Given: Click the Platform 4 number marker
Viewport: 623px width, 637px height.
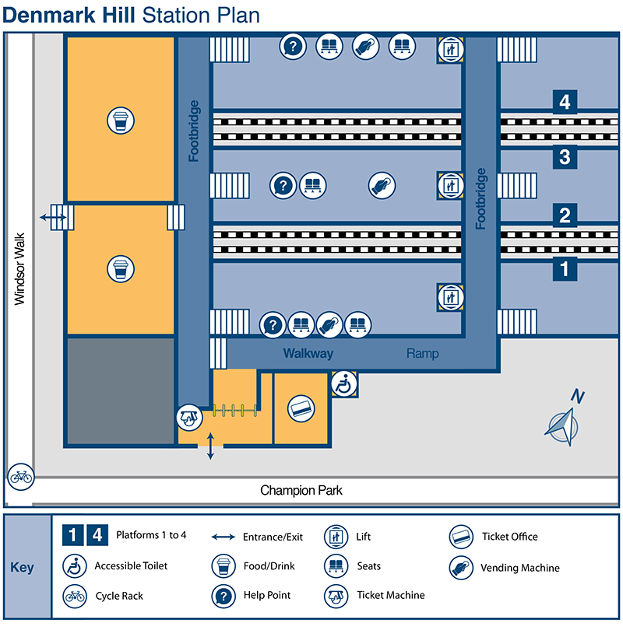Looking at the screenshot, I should coord(565,101).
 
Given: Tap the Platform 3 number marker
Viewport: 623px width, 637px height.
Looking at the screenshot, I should coord(565,158).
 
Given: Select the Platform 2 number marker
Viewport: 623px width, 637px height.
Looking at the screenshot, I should coord(565,215).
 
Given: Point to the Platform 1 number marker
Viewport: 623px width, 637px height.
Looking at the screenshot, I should coord(565,270).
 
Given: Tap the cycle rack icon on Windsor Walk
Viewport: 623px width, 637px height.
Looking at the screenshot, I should coord(20,476).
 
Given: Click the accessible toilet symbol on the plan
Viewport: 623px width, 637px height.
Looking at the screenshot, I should coord(343,383).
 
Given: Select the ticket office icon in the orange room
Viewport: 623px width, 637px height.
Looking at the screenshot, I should coord(301,408).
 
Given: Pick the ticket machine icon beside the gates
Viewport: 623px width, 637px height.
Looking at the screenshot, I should coord(189,417).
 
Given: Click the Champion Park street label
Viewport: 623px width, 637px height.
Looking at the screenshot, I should coord(301,491).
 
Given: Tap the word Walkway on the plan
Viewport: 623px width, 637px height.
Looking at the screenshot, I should coord(308,354).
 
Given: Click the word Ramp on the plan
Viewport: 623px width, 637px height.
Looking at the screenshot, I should coord(422,354).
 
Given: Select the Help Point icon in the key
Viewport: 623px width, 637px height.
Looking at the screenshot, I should coord(224,596).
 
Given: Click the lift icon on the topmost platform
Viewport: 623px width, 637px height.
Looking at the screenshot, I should coord(450,49).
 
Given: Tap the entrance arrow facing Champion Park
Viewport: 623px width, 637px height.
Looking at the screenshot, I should coord(210,448).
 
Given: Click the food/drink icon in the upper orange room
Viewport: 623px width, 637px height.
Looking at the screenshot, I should coord(120,121).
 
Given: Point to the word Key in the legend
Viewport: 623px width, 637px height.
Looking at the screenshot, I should coord(23,568).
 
